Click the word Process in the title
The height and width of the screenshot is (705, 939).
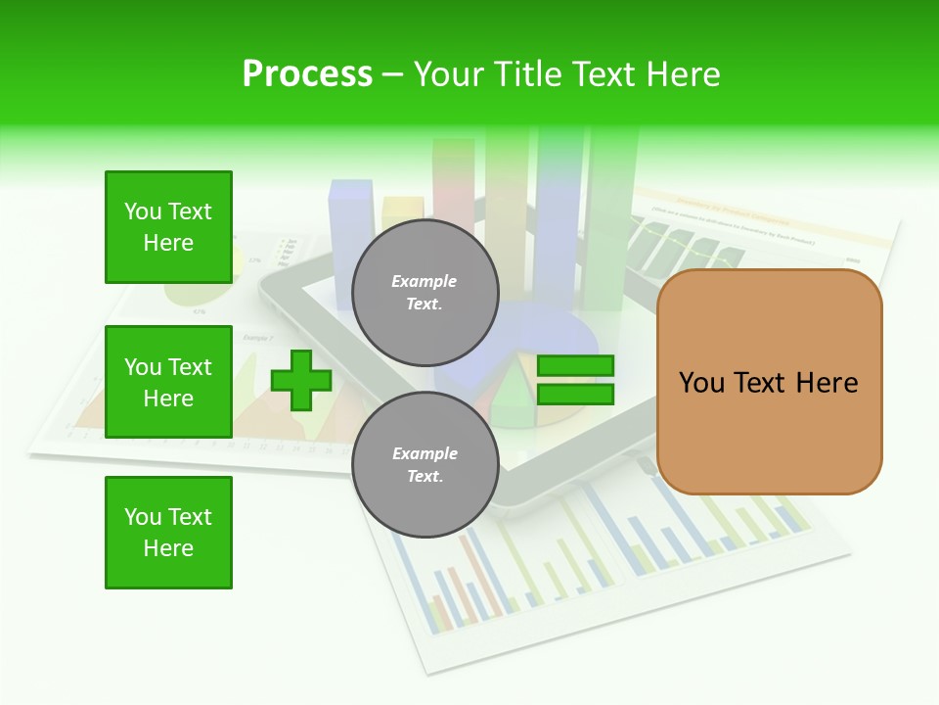307,74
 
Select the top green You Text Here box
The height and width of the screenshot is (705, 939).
168,227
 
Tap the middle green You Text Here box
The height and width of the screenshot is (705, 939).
168,382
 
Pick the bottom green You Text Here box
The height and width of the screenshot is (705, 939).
168,533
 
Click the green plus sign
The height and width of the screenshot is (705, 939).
300,381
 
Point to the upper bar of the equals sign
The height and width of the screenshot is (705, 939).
575,366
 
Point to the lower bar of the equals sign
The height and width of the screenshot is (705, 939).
575,395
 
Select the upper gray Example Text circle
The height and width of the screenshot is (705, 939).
425,293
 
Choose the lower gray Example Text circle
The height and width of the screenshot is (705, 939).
425,465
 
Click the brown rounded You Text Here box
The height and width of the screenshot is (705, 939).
769,382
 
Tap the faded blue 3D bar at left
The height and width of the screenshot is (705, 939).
351,235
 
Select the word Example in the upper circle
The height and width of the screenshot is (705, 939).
425,282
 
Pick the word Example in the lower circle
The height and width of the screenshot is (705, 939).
425,454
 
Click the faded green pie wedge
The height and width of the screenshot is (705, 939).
511,401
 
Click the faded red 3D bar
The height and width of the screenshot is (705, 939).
453,186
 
